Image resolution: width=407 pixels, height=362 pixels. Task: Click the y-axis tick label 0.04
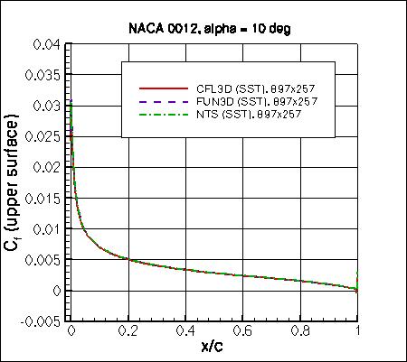tap(47, 44)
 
